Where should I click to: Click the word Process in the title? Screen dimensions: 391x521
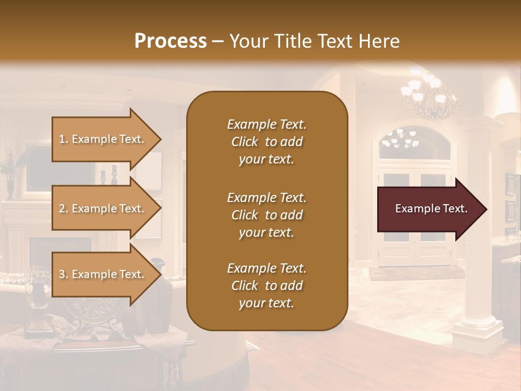point(170,41)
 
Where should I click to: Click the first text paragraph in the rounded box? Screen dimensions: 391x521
point(266,142)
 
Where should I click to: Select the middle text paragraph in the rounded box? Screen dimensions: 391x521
point(266,215)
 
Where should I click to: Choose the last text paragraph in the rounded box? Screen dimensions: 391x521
point(266,286)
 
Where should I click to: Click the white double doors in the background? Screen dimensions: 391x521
point(414,217)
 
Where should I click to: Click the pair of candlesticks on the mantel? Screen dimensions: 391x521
point(107,176)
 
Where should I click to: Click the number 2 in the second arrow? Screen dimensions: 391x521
point(62,209)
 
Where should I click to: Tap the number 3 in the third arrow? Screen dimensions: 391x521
point(62,274)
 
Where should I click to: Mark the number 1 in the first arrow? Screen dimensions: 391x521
point(62,139)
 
